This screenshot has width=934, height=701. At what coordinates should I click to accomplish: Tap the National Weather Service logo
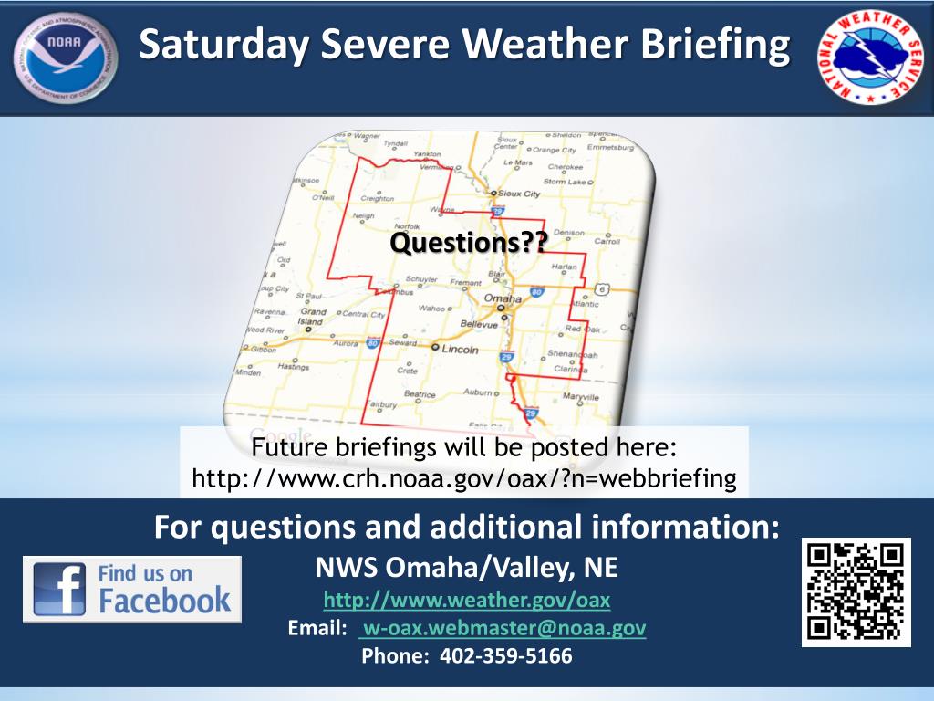(x=869, y=58)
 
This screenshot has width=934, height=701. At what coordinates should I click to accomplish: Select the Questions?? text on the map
(x=469, y=243)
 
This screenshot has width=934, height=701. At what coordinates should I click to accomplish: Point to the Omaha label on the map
(x=503, y=299)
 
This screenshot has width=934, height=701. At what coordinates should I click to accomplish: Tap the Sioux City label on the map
(x=519, y=194)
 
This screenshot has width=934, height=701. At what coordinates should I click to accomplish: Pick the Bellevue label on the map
(x=478, y=323)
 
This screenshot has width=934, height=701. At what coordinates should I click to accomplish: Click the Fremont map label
(x=465, y=283)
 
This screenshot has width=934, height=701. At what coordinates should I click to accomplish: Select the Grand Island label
(x=312, y=317)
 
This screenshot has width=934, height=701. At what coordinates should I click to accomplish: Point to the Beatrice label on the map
(x=420, y=395)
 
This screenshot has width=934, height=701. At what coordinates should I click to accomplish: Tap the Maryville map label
(x=580, y=397)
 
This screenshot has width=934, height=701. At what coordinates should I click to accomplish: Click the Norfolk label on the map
(x=405, y=225)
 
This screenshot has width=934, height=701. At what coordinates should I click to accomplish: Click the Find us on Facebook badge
(x=132, y=589)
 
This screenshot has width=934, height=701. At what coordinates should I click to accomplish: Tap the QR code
(x=856, y=592)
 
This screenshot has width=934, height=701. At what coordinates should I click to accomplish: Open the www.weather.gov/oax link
(x=467, y=601)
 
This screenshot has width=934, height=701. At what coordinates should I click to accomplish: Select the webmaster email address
(x=503, y=628)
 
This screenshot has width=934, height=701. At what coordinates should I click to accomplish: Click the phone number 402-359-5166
(x=505, y=655)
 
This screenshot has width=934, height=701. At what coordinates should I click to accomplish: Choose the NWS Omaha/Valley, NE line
(x=466, y=569)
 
